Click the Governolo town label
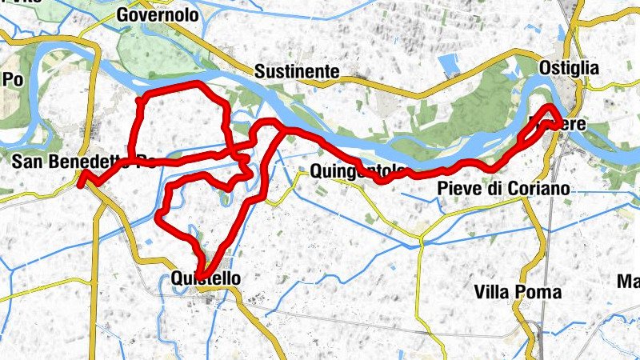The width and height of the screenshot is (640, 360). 158,14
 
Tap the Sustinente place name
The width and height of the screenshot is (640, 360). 297,72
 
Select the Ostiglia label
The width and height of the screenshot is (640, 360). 569,69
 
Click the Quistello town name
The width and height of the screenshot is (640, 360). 206,278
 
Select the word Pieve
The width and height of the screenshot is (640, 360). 458,189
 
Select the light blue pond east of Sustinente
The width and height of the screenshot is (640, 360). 449,66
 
